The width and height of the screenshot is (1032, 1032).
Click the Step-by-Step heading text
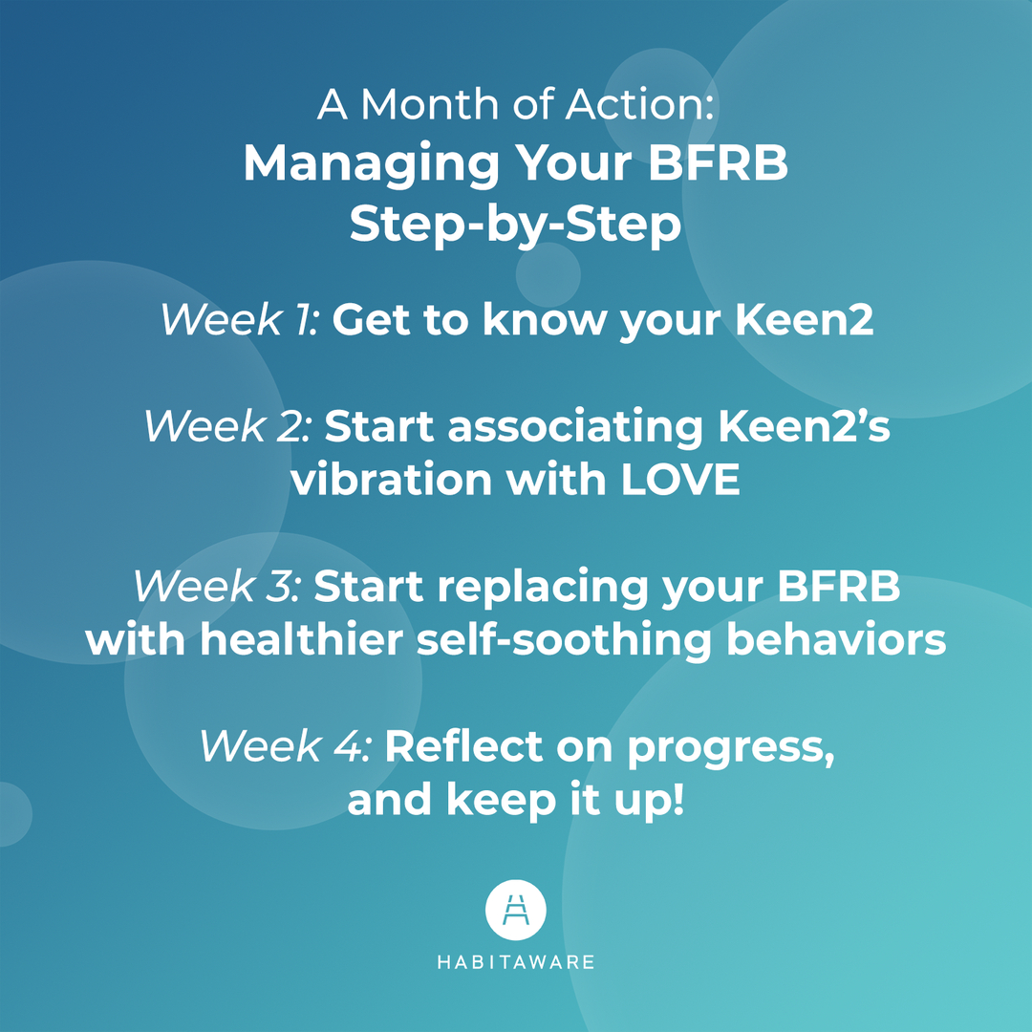tap(515, 226)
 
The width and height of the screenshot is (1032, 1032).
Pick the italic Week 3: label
tap(217, 587)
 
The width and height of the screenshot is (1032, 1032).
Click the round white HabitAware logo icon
tap(516, 911)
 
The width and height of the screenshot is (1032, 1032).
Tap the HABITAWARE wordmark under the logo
tap(516, 961)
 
